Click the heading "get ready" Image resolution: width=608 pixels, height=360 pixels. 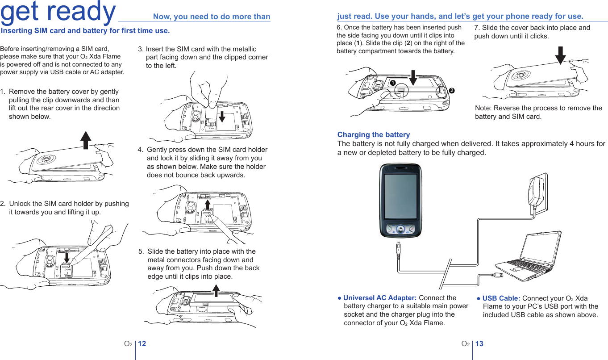(58, 12)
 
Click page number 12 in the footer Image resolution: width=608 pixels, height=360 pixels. (142, 344)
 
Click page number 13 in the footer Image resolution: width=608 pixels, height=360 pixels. (479, 344)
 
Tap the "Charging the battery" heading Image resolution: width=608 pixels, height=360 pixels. (374, 134)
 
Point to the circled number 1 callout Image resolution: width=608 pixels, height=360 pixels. (392, 83)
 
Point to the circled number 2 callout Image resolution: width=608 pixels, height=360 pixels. (452, 90)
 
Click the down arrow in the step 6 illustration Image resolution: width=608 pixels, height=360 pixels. (413, 77)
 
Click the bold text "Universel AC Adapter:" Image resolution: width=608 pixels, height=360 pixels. (380, 298)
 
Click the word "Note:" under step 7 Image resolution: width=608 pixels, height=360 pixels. (483, 108)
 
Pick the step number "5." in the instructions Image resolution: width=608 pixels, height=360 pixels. (142, 251)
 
